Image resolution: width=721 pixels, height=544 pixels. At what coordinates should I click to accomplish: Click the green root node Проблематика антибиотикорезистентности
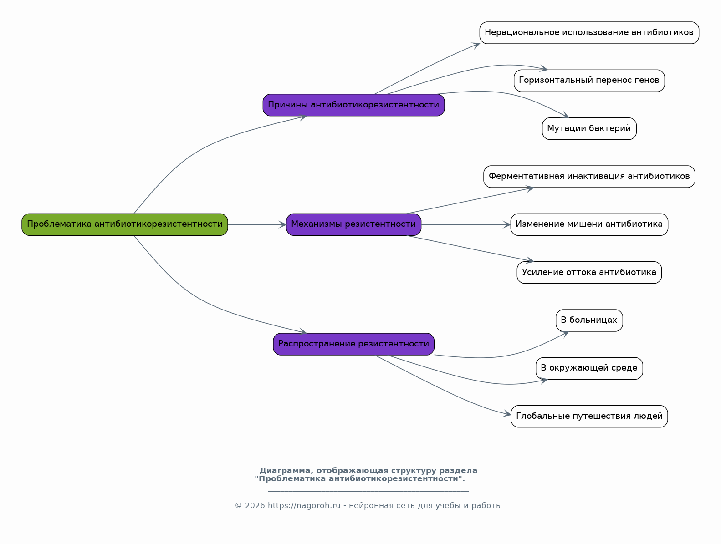[x=125, y=224]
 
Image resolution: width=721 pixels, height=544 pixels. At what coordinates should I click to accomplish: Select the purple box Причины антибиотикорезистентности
[x=353, y=105]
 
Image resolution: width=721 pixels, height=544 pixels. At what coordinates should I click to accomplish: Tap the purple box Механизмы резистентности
[x=353, y=224]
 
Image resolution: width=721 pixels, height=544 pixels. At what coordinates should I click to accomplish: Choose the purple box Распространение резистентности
[x=353, y=344]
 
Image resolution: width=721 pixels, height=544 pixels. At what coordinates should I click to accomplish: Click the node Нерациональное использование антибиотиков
[x=589, y=33]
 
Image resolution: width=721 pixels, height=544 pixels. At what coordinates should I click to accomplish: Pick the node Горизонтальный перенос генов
[x=589, y=81]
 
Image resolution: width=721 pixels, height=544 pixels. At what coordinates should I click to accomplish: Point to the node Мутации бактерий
[x=589, y=129]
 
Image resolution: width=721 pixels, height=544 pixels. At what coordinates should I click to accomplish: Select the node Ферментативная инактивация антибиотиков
[x=589, y=177]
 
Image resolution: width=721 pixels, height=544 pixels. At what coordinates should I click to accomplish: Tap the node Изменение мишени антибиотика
[x=589, y=224]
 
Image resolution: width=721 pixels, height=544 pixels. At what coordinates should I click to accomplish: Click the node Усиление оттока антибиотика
[x=589, y=273]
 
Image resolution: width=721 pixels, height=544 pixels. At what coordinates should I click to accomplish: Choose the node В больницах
[x=589, y=320]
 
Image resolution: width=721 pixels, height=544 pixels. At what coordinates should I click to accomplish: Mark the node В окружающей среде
[x=589, y=368]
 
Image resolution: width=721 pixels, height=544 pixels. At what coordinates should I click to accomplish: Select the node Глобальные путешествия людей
[x=589, y=416]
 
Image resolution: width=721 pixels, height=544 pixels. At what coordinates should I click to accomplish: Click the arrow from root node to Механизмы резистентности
[x=257, y=224]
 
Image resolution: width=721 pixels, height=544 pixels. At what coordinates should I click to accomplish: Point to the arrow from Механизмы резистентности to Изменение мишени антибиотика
[x=466, y=224]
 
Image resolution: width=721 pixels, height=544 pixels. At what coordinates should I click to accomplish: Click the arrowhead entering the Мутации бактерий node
[x=565, y=115]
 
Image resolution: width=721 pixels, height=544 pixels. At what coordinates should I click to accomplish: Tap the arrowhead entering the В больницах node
[x=565, y=335]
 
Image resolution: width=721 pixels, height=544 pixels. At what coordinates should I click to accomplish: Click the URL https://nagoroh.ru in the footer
[x=304, y=506]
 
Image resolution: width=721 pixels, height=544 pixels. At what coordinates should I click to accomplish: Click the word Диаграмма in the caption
[x=285, y=471]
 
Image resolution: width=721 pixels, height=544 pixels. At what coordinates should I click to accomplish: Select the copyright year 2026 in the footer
[x=255, y=506]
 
